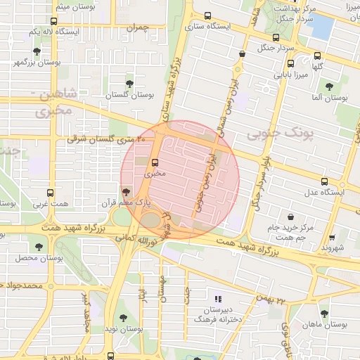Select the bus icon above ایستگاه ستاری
pos(207,15)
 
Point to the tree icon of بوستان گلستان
pos(129,83)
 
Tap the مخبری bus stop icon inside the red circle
pos(155,161)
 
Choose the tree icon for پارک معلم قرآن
pos(126,191)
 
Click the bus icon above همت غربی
pos(49,193)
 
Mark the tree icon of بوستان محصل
pos(37,247)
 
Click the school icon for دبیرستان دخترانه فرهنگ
pos(217,299)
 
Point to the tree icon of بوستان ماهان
pos(323,314)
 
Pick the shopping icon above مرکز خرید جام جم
pos(290,217)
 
